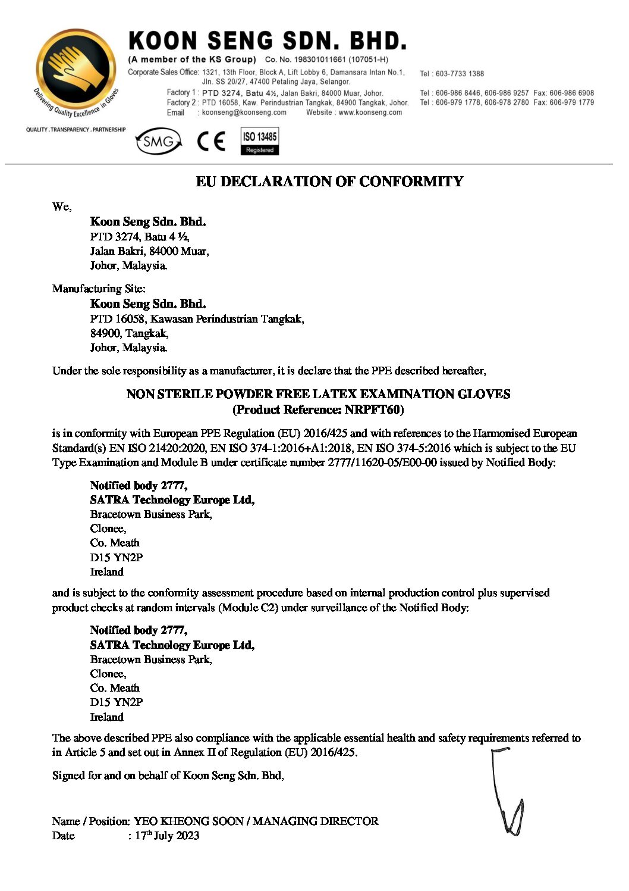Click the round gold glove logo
76,70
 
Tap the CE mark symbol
211,142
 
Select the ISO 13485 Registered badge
260,142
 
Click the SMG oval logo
158,142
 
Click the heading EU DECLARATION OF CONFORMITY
329,182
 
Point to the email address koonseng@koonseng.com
244,112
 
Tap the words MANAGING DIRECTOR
316,821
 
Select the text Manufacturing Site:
99,289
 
